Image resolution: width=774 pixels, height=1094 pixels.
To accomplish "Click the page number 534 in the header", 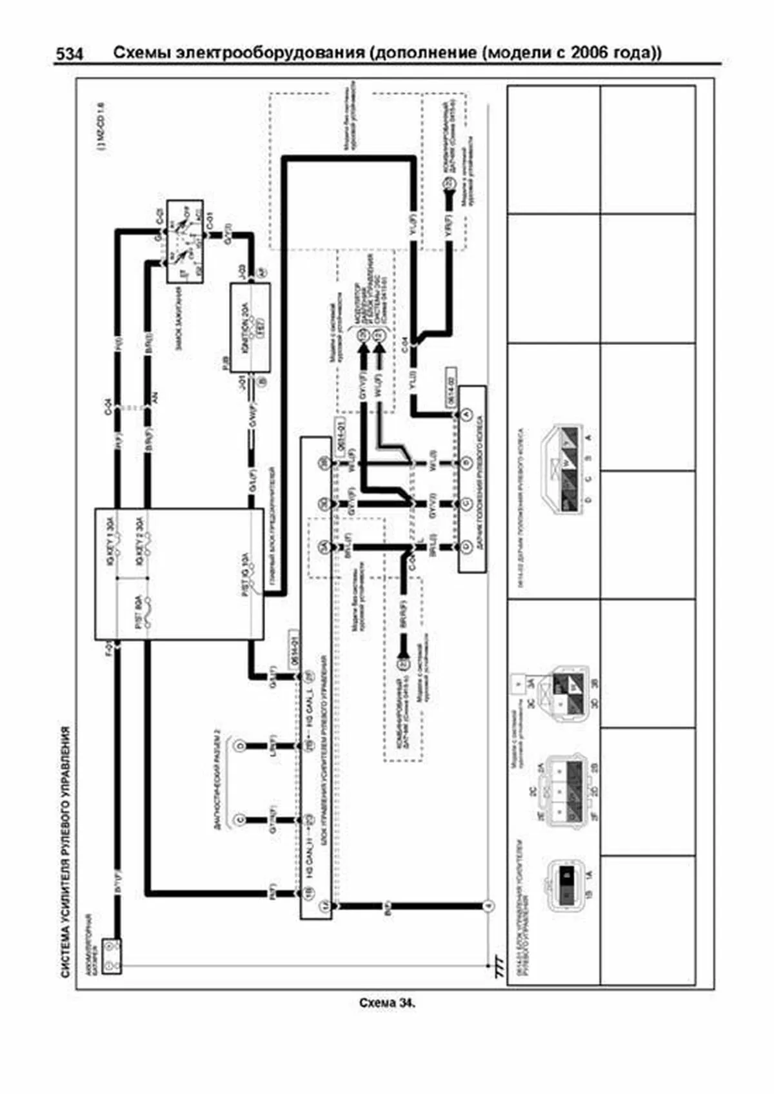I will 69,55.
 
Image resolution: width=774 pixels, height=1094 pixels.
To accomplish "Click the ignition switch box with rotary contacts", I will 185,242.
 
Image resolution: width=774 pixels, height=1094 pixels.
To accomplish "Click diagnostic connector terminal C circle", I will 240,819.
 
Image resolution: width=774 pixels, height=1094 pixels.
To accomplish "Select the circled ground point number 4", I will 488,906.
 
